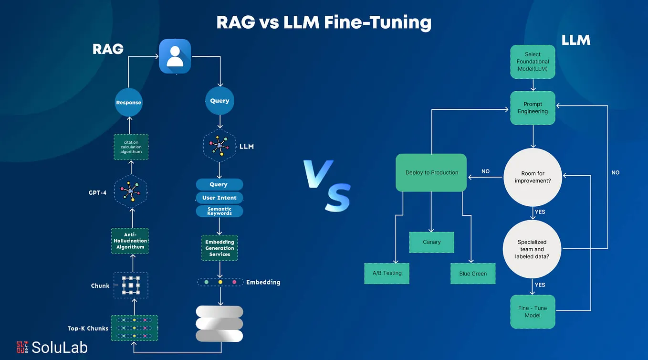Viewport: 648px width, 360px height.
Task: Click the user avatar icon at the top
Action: point(175,56)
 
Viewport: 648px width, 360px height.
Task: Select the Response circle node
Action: point(128,102)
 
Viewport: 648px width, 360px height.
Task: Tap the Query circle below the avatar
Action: point(219,101)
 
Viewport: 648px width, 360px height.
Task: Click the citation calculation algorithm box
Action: point(131,147)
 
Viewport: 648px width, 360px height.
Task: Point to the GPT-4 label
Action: point(97,193)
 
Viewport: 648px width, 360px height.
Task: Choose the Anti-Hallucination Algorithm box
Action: point(130,241)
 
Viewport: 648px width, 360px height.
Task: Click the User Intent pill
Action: point(219,198)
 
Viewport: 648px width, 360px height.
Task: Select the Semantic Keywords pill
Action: point(219,211)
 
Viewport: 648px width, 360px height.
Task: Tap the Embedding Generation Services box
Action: point(219,248)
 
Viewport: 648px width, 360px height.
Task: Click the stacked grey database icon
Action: point(219,324)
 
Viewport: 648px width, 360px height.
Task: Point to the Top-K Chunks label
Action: point(88,328)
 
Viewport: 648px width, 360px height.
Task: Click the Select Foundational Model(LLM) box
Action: point(533,62)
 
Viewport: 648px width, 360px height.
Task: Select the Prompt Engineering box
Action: point(533,108)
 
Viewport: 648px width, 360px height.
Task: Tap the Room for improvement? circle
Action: point(533,177)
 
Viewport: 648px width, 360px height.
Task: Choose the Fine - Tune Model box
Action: point(533,311)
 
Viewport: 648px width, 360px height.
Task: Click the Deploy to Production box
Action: point(431,172)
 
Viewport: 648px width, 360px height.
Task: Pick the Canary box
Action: point(431,242)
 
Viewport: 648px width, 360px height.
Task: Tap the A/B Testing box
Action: point(387,274)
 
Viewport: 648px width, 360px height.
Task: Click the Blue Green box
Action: point(473,274)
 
